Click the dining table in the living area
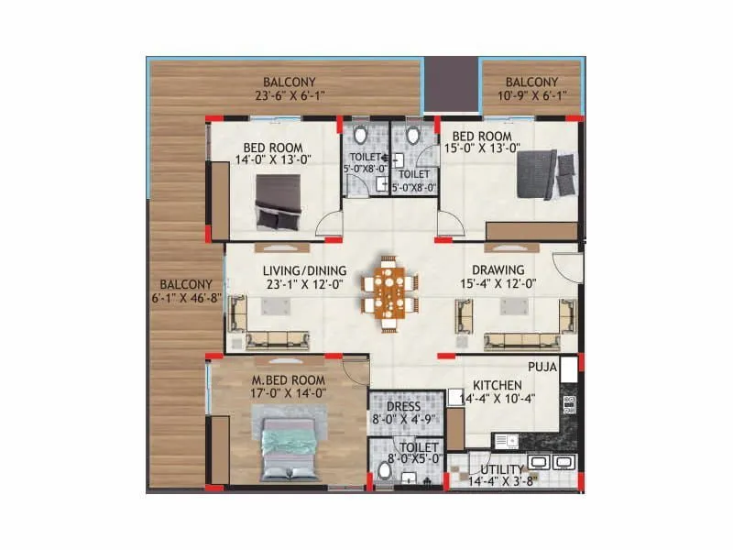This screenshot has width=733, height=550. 389,290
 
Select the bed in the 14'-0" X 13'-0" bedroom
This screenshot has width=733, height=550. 277,202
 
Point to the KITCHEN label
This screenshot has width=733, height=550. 498,384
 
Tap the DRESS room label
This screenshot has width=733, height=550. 404,407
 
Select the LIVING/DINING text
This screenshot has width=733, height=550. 291,269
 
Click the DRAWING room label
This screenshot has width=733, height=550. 498,269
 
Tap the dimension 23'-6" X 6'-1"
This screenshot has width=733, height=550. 284,94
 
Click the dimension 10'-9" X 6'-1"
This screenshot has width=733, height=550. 531,94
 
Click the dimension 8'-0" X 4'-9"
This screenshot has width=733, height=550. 404,421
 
